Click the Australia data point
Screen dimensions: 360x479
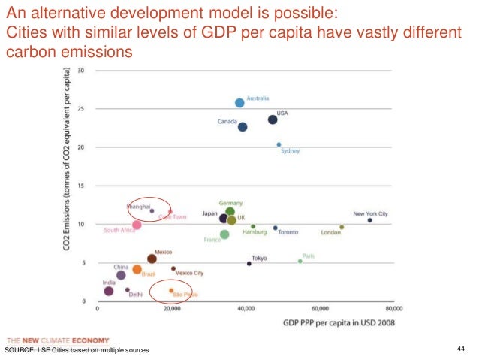click(239, 103)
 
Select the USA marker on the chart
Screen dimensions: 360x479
click(273, 119)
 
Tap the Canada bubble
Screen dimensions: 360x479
click(243, 127)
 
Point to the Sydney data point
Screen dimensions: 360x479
click(279, 144)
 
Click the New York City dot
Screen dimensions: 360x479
click(369, 220)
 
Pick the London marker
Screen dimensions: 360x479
click(342, 227)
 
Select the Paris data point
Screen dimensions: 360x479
click(300, 261)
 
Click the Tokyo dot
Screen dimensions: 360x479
click(249, 264)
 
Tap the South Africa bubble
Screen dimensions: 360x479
click(137, 225)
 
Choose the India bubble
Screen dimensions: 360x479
click(109, 291)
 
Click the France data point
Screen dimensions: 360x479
click(224, 235)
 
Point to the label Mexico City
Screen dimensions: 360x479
click(189, 273)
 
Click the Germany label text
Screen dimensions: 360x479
click(230, 203)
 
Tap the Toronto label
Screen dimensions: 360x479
click(288, 232)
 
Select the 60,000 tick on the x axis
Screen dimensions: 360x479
click(321, 308)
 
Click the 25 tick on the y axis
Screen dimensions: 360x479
click(81, 109)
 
